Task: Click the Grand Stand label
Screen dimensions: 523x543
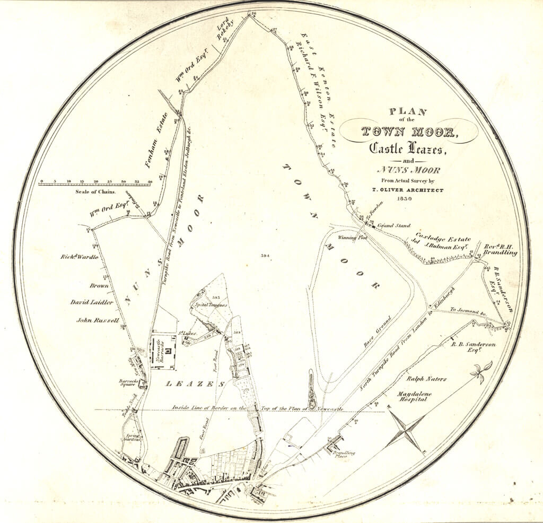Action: [x=394, y=226]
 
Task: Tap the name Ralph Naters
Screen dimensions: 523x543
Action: [x=426, y=379]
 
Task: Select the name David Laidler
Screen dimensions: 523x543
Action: [x=92, y=302]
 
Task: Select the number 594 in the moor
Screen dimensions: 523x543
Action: [x=266, y=256]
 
